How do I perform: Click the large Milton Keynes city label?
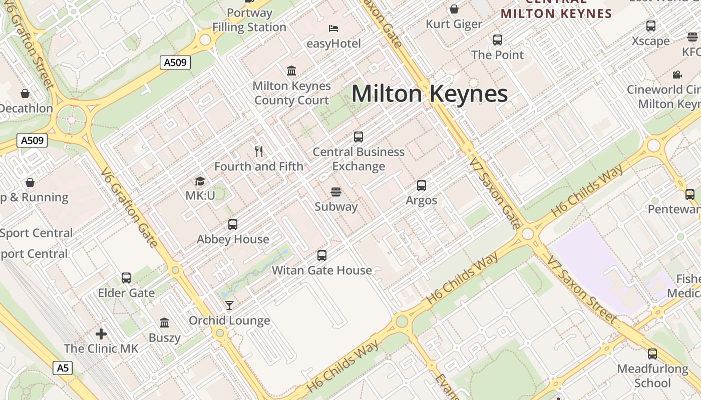tap(430, 94)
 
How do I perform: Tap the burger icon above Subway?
tap(335, 192)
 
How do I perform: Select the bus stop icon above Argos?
tap(422, 185)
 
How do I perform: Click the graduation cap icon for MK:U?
tap(200, 181)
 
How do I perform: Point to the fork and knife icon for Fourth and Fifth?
tap(259, 151)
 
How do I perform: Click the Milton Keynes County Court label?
tap(291, 93)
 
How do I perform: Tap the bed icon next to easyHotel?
tap(333, 28)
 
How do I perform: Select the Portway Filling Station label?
tap(249, 20)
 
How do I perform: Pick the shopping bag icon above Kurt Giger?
tap(454, 9)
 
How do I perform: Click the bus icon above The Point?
tap(497, 40)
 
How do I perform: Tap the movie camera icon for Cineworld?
tap(677, 75)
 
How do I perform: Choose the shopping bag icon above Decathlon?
tap(25, 93)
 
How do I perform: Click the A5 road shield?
tap(63, 368)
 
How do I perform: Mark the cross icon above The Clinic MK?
tap(101, 333)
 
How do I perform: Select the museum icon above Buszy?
tap(164, 322)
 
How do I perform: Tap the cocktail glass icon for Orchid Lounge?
tap(229, 305)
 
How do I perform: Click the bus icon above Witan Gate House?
tap(322, 255)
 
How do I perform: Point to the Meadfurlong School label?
tap(652, 376)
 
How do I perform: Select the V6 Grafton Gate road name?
tap(129, 207)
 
